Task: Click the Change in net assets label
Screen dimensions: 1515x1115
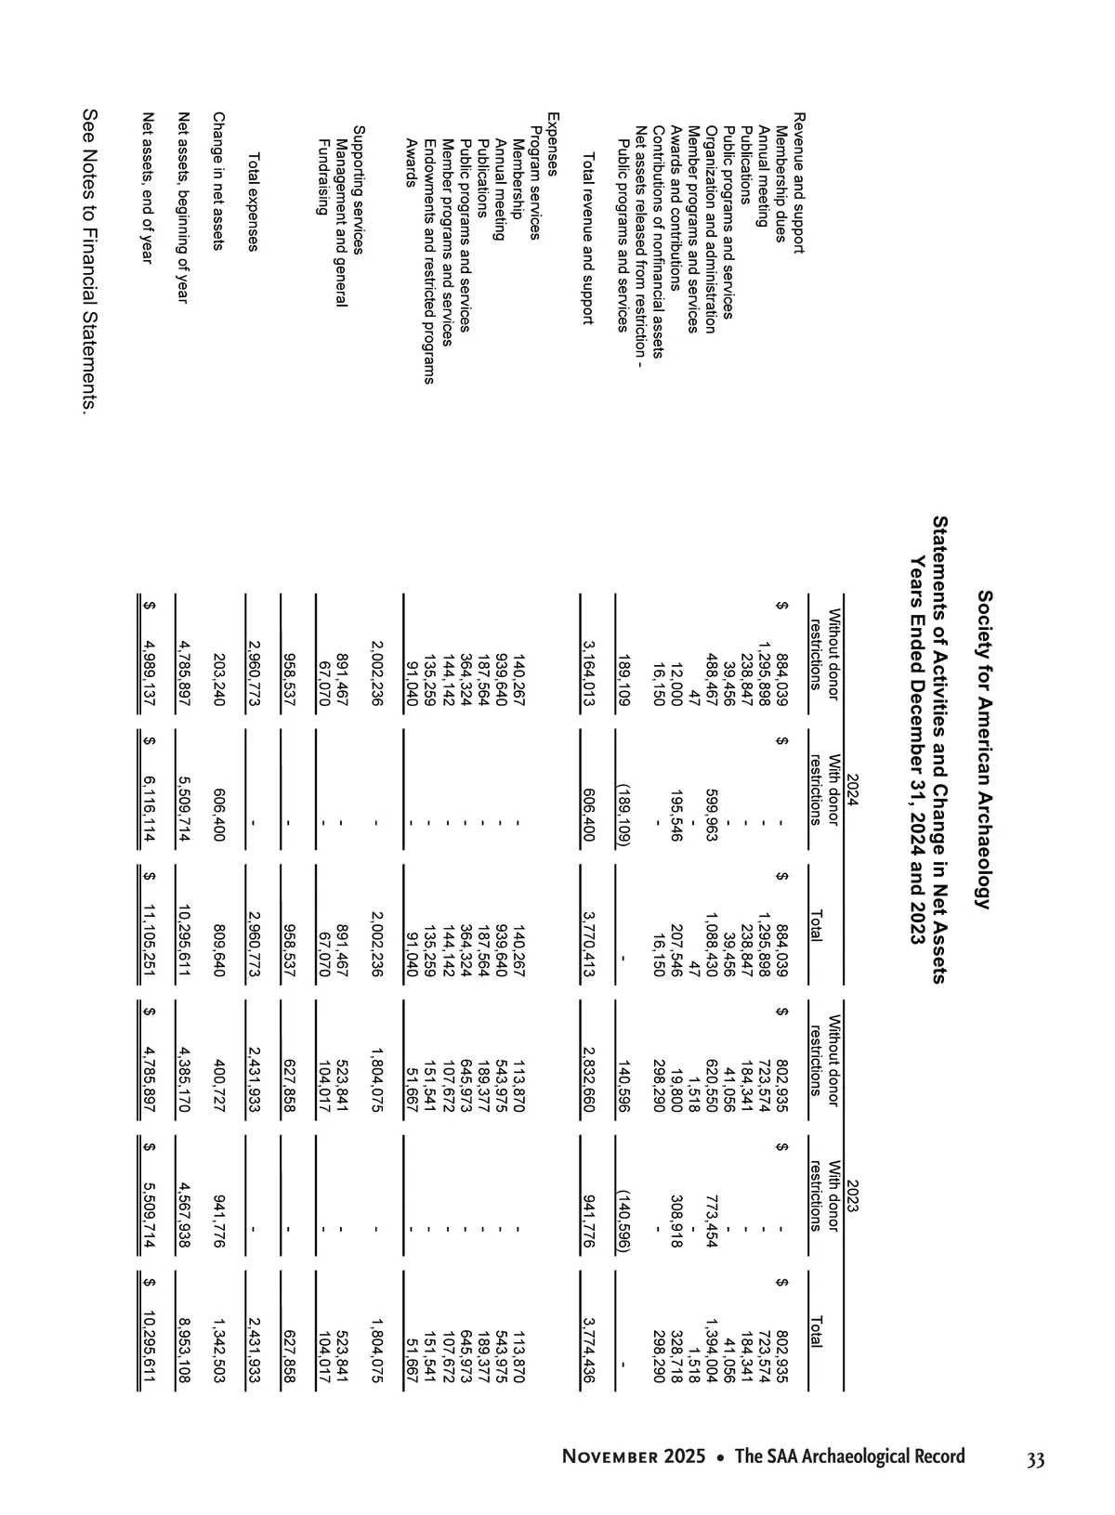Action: (x=218, y=181)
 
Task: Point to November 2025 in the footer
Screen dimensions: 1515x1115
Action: (x=633, y=1456)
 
